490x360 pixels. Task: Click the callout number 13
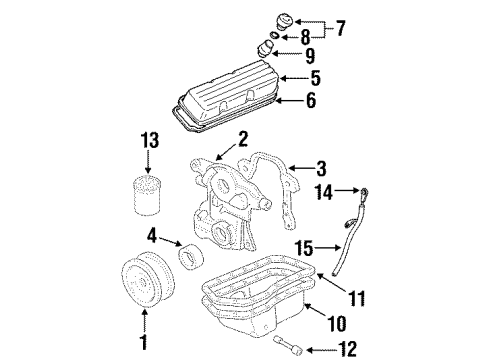[149, 140]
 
